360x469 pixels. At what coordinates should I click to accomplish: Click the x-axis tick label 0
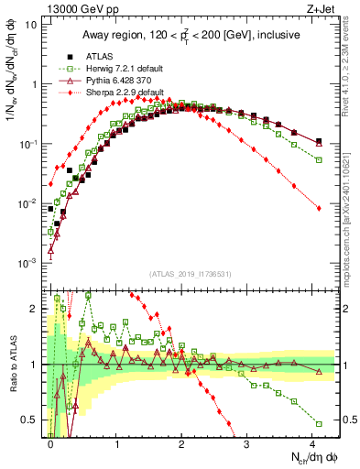pos(51,442)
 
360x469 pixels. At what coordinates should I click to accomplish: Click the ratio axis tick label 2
pos(35,309)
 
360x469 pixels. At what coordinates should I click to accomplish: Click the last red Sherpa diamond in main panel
pos(319,209)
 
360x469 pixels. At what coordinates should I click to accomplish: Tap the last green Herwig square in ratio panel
pos(319,423)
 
